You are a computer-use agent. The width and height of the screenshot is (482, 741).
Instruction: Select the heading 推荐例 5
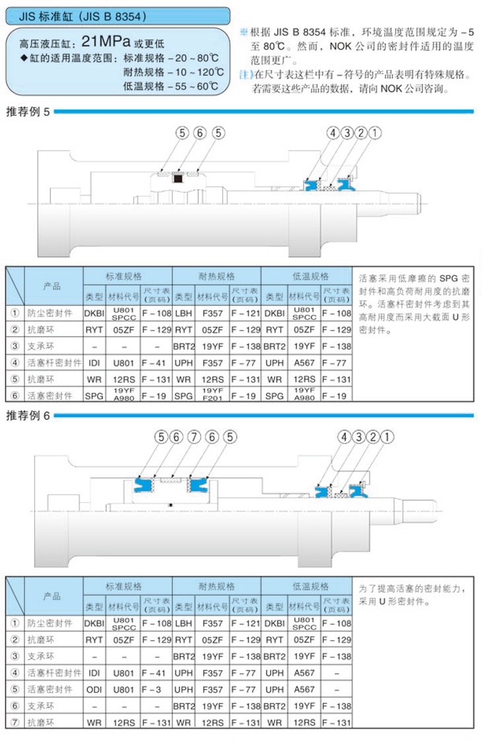click(x=28, y=112)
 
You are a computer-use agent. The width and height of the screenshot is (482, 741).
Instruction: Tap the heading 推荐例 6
click(x=28, y=415)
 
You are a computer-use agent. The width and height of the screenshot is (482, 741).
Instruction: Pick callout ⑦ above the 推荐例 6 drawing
click(x=193, y=436)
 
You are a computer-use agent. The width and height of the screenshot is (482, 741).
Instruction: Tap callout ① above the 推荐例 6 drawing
click(x=389, y=436)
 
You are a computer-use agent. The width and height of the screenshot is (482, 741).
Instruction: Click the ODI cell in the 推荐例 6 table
click(x=94, y=690)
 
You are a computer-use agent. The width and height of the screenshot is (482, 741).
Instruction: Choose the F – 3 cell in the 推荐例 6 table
click(x=156, y=690)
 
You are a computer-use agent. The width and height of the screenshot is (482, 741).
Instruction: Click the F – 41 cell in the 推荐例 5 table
click(x=156, y=362)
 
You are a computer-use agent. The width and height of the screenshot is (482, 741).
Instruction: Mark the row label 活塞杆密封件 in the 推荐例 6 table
click(x=54, y=673)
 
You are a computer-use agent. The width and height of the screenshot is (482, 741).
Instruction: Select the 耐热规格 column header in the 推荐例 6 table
click(x=217, y=586)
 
